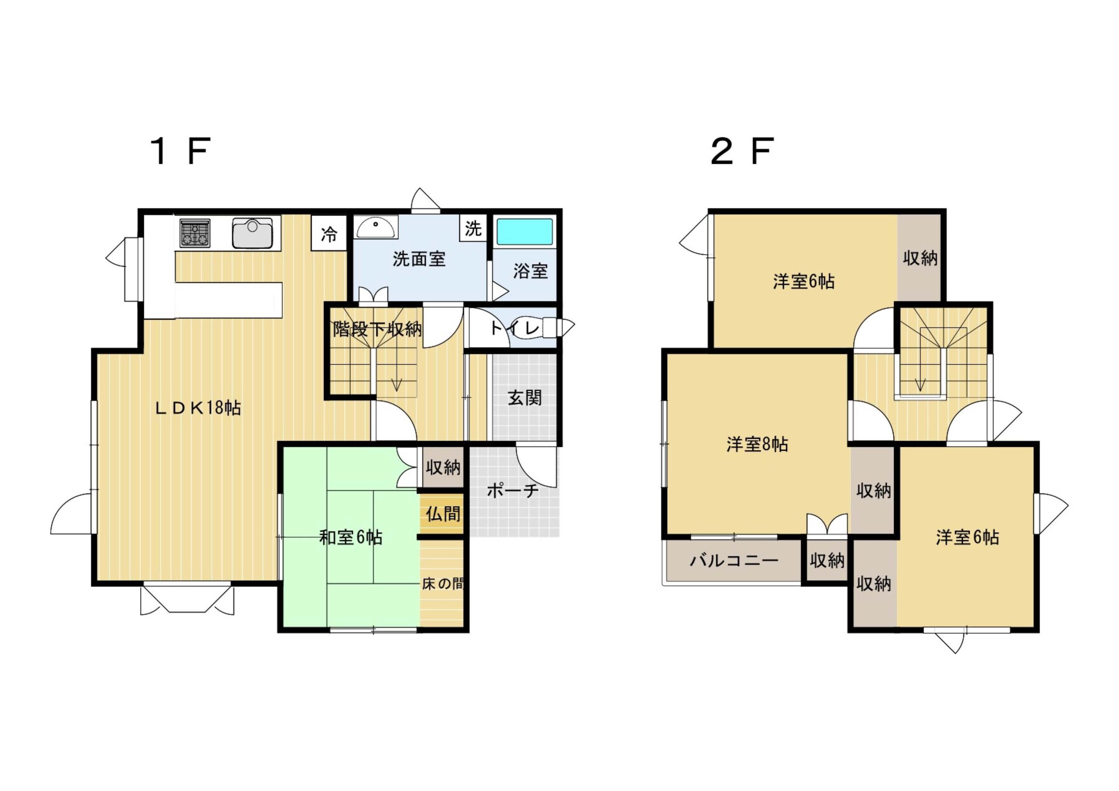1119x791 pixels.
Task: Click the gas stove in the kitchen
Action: click(x=195, y=232)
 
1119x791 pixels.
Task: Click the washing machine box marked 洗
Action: click(x=473, y=228)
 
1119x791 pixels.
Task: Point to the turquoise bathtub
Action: click(x=524, y=232)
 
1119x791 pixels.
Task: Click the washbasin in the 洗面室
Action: click(x=375, y=228)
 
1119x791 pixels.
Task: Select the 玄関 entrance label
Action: click(x=525, y=398)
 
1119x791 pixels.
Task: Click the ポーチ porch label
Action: click(x=513, y=490)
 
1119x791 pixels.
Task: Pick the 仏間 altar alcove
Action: click(x=442, y=513)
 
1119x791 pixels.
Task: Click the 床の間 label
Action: click(x=442, y=584)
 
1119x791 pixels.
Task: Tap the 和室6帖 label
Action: click(x=351, y=537)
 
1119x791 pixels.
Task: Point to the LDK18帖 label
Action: click(x=198, y=407)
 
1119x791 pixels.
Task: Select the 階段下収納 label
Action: click(x=377, y=330)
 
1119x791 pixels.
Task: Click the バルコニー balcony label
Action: click(x=734, y=561)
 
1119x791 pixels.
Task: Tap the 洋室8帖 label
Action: click(x=757, y=444)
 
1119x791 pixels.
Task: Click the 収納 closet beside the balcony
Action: click(x=827, y=561)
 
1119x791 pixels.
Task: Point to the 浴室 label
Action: click(x=530, y=271)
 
